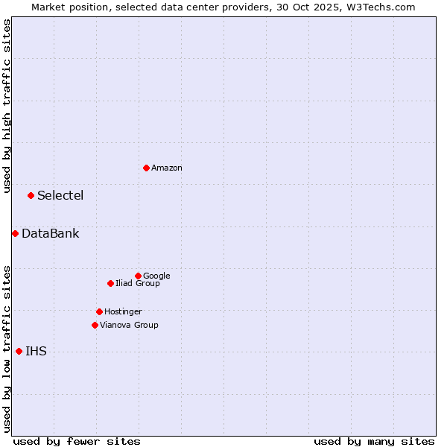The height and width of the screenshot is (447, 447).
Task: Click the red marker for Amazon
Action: click(146, 168)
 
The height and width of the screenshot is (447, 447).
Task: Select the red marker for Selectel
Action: click(31, 195)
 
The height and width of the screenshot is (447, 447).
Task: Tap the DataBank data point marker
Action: click(15, 233)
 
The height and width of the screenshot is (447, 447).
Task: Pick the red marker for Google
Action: click(138, 276)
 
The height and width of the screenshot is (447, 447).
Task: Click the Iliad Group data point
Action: click(110, 283)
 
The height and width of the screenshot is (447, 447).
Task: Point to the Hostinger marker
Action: click(99, 311)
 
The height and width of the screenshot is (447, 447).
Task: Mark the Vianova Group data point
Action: click(95, 325)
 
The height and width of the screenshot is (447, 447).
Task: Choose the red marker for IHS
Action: click(19, 351)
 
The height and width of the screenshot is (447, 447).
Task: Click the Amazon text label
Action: click(167, 168)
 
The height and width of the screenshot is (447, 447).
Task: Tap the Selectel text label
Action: click(60, 196)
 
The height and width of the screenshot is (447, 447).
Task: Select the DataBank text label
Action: click(50, 234)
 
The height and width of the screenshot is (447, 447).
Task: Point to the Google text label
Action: click(156, 276)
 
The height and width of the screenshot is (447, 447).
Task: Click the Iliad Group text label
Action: click(138, 284)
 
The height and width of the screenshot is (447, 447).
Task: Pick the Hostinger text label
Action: click(123, 312)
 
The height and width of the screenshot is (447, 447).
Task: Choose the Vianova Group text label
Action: click(129, 326)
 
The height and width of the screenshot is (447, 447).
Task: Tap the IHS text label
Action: click(36, 352)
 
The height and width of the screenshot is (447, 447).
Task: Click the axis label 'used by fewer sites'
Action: click(77, 441)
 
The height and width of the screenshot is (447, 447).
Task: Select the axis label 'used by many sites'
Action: click(374, 441)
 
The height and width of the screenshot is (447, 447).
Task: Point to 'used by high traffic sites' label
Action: click(7, 106)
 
